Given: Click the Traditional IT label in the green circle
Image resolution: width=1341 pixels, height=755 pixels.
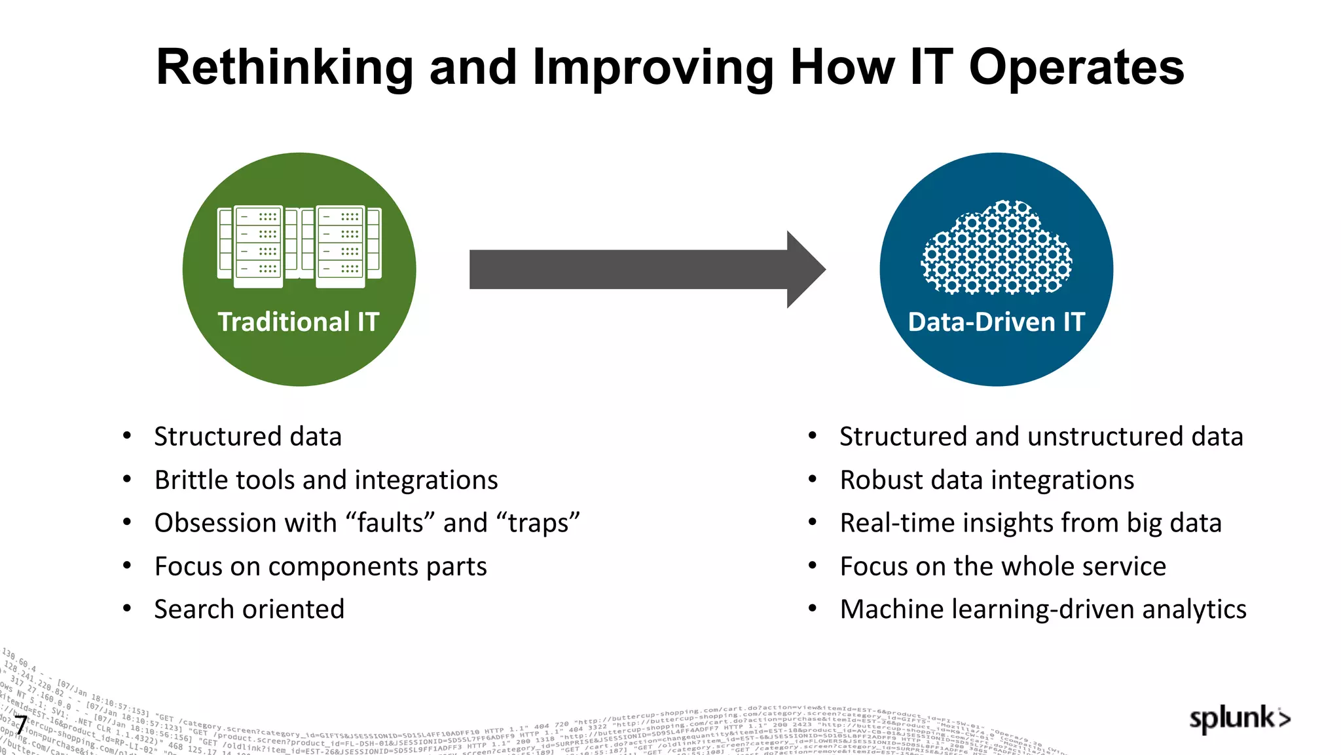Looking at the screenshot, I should [299, 322].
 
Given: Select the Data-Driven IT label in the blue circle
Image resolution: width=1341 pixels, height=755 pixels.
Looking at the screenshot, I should [996, 322].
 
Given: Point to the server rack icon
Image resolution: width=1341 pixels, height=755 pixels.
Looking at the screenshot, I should [299, 247].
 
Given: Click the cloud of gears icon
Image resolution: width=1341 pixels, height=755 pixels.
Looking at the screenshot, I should [996, 247].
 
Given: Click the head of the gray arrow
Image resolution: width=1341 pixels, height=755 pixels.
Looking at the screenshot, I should [805, 269].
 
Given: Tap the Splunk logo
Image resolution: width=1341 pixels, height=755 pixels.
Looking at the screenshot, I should [1239, 719].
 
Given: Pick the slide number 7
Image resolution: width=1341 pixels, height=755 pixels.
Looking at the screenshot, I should [21, 726].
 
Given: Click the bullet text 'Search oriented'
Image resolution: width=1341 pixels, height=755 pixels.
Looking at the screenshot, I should [249, 610].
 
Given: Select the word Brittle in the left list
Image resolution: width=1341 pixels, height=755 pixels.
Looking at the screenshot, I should [187, 480].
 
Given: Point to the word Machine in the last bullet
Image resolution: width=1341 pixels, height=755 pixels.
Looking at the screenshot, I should [891, 610].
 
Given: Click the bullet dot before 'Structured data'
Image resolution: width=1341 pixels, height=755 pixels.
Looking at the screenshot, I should [127, 436].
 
